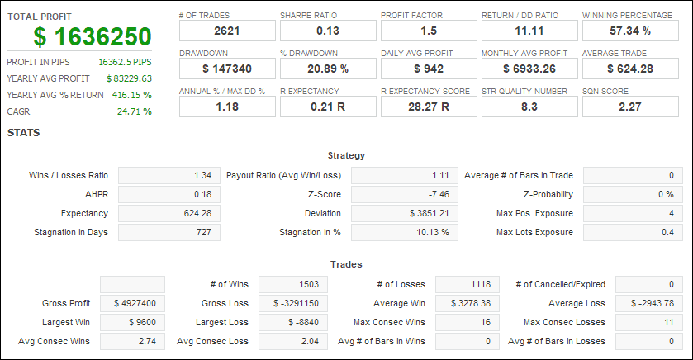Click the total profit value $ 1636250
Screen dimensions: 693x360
coord(93,36)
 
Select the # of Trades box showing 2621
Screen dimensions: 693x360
coord(227,31)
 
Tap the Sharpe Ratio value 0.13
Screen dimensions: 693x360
coord(328,31)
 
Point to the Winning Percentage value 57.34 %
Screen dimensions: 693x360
coord(630,31)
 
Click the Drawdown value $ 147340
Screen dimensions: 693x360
coord(227,69)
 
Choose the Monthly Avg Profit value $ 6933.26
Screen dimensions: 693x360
coord(529,69)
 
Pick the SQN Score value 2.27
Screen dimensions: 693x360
coord(630,107)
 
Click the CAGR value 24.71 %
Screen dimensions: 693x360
coord(135,111)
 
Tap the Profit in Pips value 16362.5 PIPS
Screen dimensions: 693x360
coord(125,62)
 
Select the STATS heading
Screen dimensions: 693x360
coord(23,133)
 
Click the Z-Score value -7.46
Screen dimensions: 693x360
coord(438,194)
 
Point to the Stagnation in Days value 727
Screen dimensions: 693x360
coord(204,232)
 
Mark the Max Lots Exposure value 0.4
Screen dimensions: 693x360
coord(668,232)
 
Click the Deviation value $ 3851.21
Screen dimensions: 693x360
coord(430,213)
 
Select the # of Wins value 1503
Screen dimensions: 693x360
coord(309,285)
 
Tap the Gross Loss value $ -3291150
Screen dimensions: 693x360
coord(296,304)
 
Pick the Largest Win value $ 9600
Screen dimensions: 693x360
coord(142,323)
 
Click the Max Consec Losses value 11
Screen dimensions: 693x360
coord(669,323)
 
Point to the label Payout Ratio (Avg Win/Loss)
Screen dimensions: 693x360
coord(284,175)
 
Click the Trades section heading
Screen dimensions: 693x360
coord(346,264)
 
